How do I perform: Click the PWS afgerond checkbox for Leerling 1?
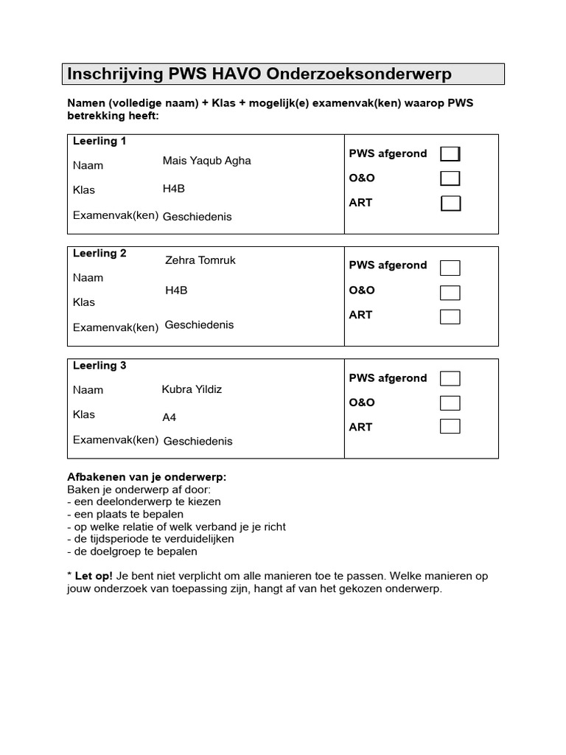pos(450,153)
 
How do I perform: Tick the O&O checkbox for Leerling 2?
pos(450,292)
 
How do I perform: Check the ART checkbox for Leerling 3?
pos(450,426)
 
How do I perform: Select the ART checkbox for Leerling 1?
pos(450,203)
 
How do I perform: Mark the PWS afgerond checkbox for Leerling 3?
pos(450,378)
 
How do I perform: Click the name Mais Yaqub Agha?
pos(206,161)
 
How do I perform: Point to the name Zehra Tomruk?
pos(200,260)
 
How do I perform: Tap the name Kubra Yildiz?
pos(192,389)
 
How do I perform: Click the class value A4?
pos(170,417)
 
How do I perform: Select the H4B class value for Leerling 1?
pos(173,189)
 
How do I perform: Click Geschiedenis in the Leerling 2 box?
pos(199,324)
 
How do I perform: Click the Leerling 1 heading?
pos(99,142)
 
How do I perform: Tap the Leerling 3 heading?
pos(99,366)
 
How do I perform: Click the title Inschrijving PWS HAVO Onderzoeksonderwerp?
pos(259,74)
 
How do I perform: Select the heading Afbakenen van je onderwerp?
pos(147,477)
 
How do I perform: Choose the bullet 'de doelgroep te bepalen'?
pos(133,552)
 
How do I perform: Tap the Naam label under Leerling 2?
pos(88,278)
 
